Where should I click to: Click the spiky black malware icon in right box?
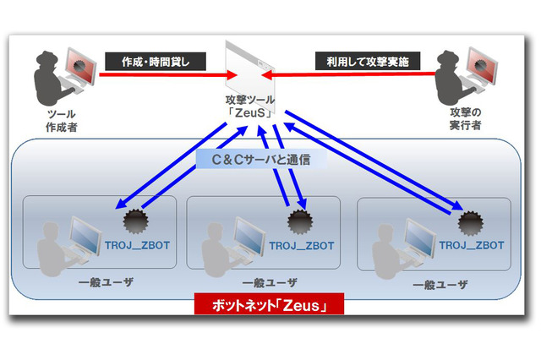tap(469, 222)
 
